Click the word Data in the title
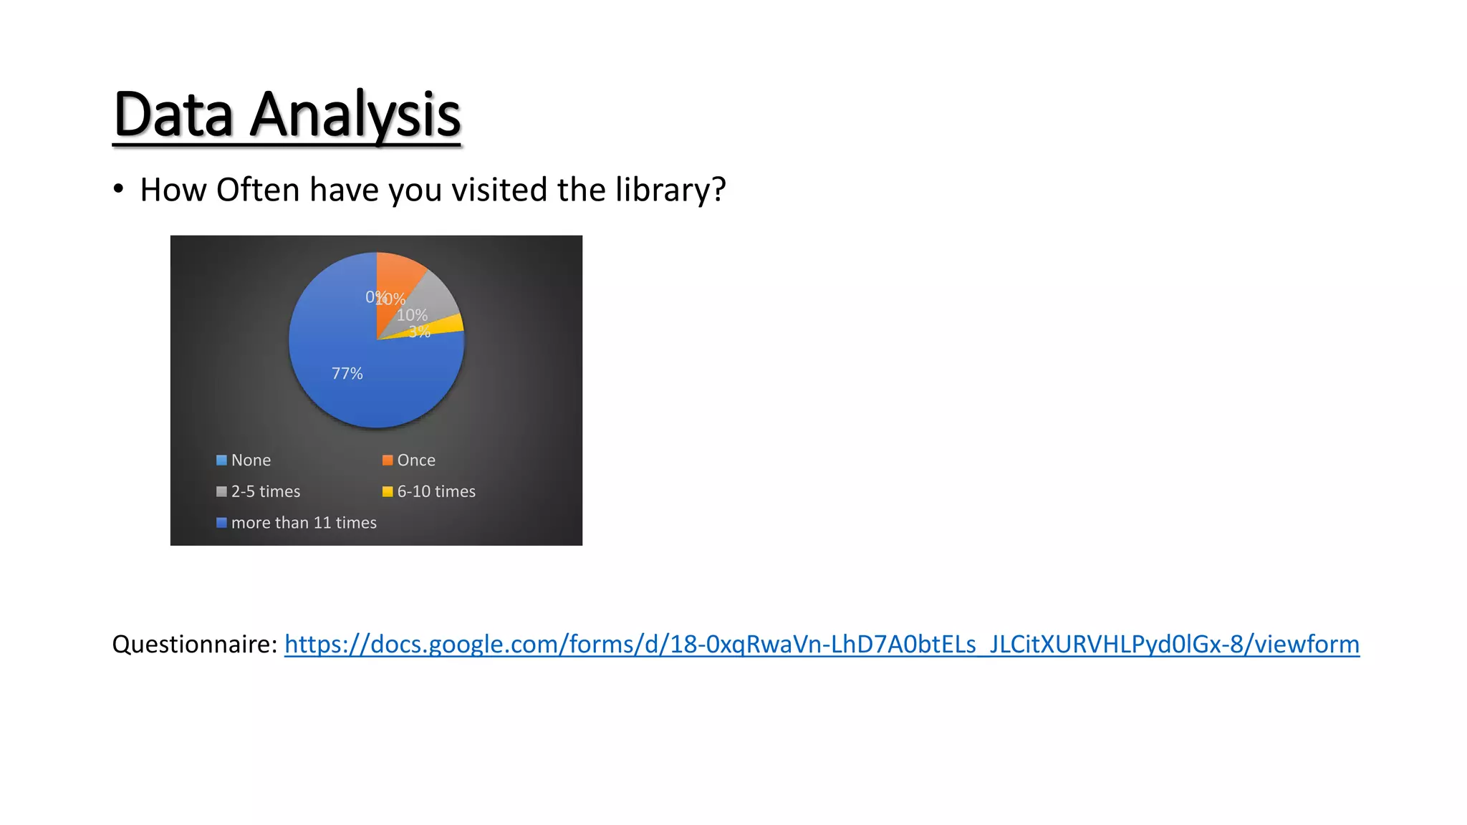[173, 115]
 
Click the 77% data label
[347, 374]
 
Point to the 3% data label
[419, 332]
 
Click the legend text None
[251, 460]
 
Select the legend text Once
[416, 460]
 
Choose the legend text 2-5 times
[266, 492]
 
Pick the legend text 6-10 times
[436, 492]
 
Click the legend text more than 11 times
[304, 523]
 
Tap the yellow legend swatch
[388, 492]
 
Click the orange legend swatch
[388, 460]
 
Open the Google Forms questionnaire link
[822, 645]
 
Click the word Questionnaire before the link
[193, 645]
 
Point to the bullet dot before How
[118, 190]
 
